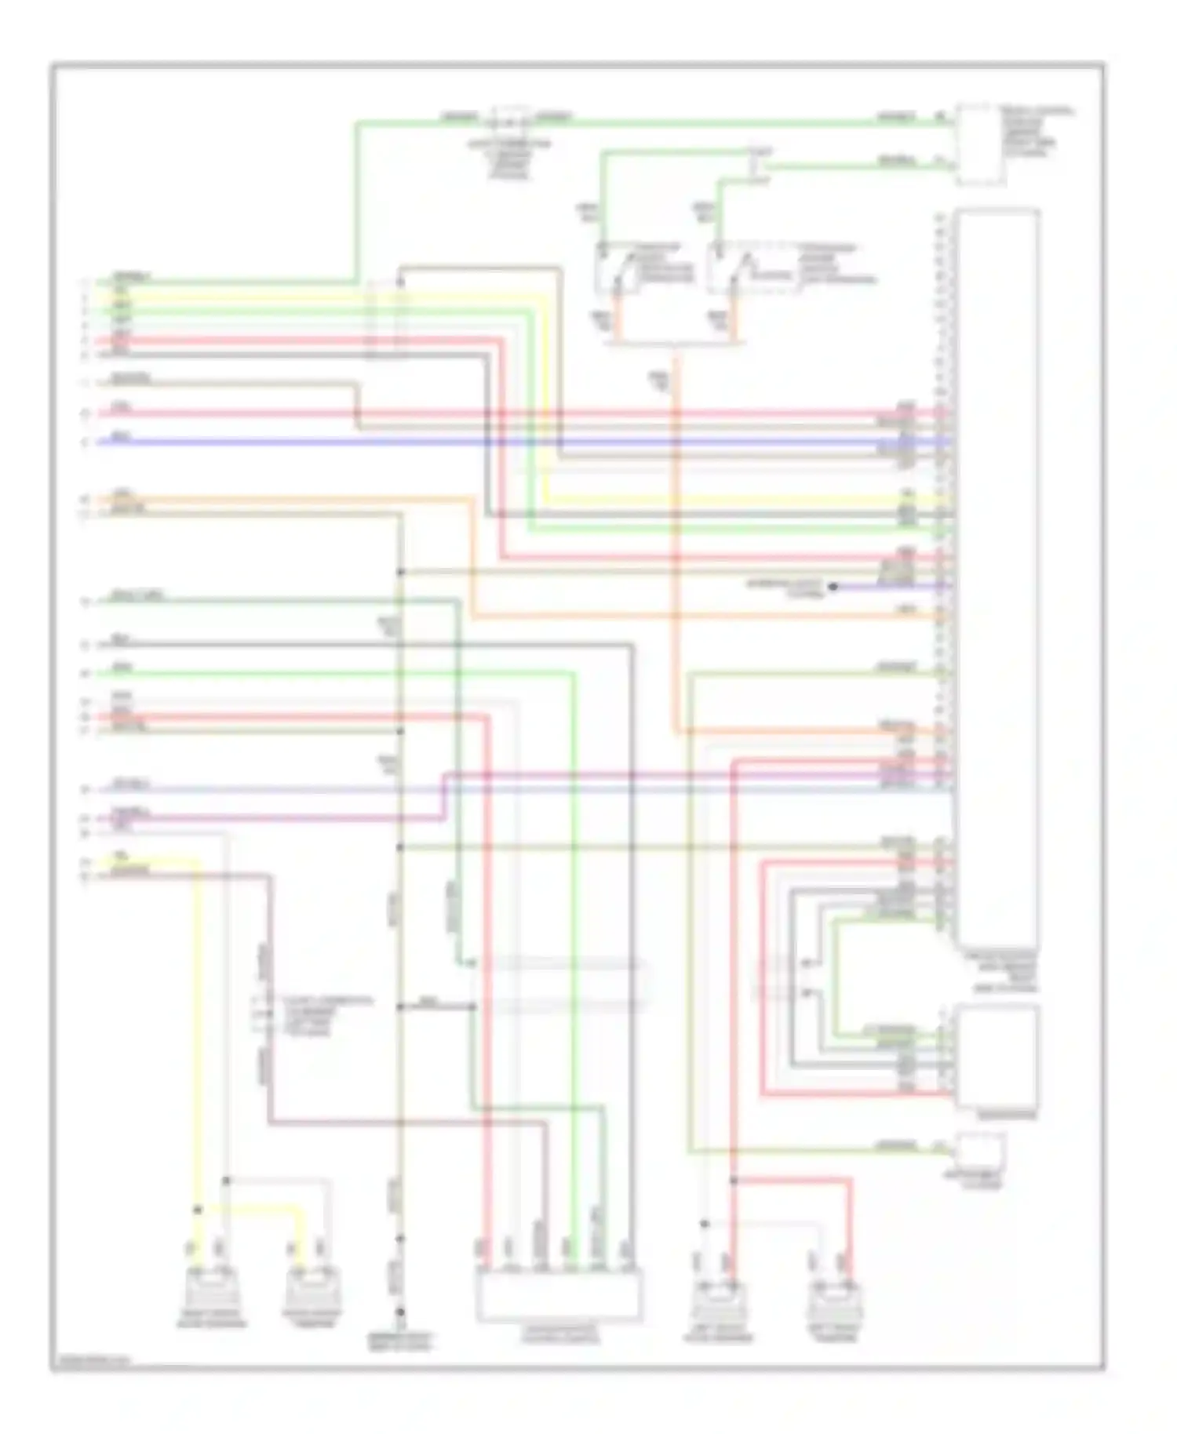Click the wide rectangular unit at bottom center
point(558,1296)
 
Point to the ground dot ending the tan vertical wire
point(399,1312)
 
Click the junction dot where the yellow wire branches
point(198,1210)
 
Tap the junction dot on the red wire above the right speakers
point(733,1180)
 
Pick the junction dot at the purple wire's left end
point(833,586)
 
